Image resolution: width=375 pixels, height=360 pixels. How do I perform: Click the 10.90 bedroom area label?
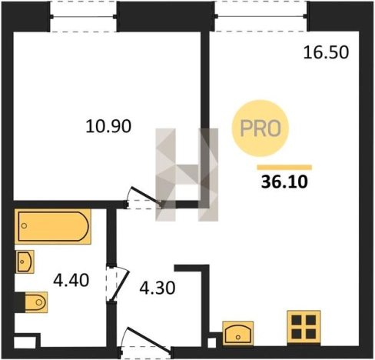pos(108,126)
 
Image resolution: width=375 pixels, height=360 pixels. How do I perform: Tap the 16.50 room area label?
pos(326,52)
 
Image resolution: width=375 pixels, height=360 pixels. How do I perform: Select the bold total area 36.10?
pos(284,182)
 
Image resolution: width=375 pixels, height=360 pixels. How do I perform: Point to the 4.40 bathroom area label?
pos(71,280)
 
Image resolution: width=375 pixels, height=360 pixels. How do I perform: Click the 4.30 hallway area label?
pos(158,288)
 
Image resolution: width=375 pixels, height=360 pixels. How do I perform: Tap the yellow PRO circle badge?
pos(261,128)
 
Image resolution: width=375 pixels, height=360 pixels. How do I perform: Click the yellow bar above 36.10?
pos(284,168)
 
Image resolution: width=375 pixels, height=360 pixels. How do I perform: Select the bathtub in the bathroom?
pos(53,226)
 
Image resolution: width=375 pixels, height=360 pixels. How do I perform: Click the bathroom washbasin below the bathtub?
pos(25,262)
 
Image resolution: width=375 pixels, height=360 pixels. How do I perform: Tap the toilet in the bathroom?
pos(36,302)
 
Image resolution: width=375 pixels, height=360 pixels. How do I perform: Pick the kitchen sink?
pos(238,333)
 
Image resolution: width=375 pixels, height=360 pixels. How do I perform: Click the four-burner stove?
pos(304,327)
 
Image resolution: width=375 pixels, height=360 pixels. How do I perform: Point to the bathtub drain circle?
pos(24,226)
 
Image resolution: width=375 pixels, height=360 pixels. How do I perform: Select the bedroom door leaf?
pos(146,196)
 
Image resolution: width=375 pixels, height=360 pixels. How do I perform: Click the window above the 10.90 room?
pos(83,17)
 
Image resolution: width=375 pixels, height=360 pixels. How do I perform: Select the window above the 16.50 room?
pos(261,16)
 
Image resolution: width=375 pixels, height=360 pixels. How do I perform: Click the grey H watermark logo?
pos(187,175)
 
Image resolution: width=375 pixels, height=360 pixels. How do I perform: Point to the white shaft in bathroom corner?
pos(25,342)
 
